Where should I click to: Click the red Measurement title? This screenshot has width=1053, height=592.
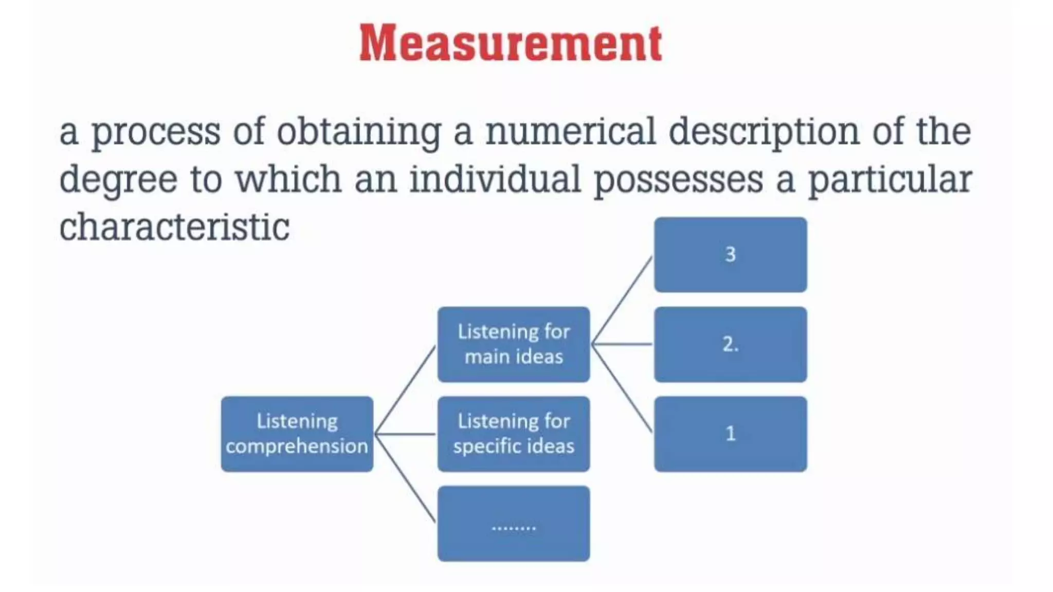[x=510, y=43]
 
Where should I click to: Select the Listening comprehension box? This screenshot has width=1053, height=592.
[x=297, y=434]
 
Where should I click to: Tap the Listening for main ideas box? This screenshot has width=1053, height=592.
[x=514, y=344]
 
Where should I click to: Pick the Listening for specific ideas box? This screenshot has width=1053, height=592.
[x=514, y=434]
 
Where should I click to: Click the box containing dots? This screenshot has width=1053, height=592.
[x=514, y=523]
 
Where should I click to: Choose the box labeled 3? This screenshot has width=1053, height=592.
[x=730, y=255]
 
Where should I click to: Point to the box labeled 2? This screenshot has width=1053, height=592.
[x=730, y=344]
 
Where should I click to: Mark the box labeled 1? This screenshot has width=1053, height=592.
[x=730, y=434]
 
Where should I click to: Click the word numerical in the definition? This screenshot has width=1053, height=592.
[x=571, y=132]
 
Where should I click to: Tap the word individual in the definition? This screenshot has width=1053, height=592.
[x=495, y=180]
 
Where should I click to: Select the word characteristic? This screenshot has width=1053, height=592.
[x=174, y=227]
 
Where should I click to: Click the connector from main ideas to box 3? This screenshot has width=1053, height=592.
[x=622, y=300]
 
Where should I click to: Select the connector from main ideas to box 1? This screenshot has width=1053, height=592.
[x=622, y=388]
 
